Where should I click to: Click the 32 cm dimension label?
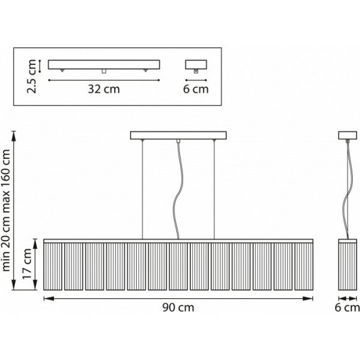(x=104, y=90)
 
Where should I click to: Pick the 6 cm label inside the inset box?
(x=196, y=90)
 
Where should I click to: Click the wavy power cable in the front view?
(x=177, y=192)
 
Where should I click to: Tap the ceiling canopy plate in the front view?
(x=178, y=134)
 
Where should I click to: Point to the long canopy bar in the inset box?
(x=104, y=64)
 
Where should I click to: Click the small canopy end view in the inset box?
(x=196, y=64)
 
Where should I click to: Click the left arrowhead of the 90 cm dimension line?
(x=46, y=297)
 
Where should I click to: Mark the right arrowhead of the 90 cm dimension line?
(x=313, y=297)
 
